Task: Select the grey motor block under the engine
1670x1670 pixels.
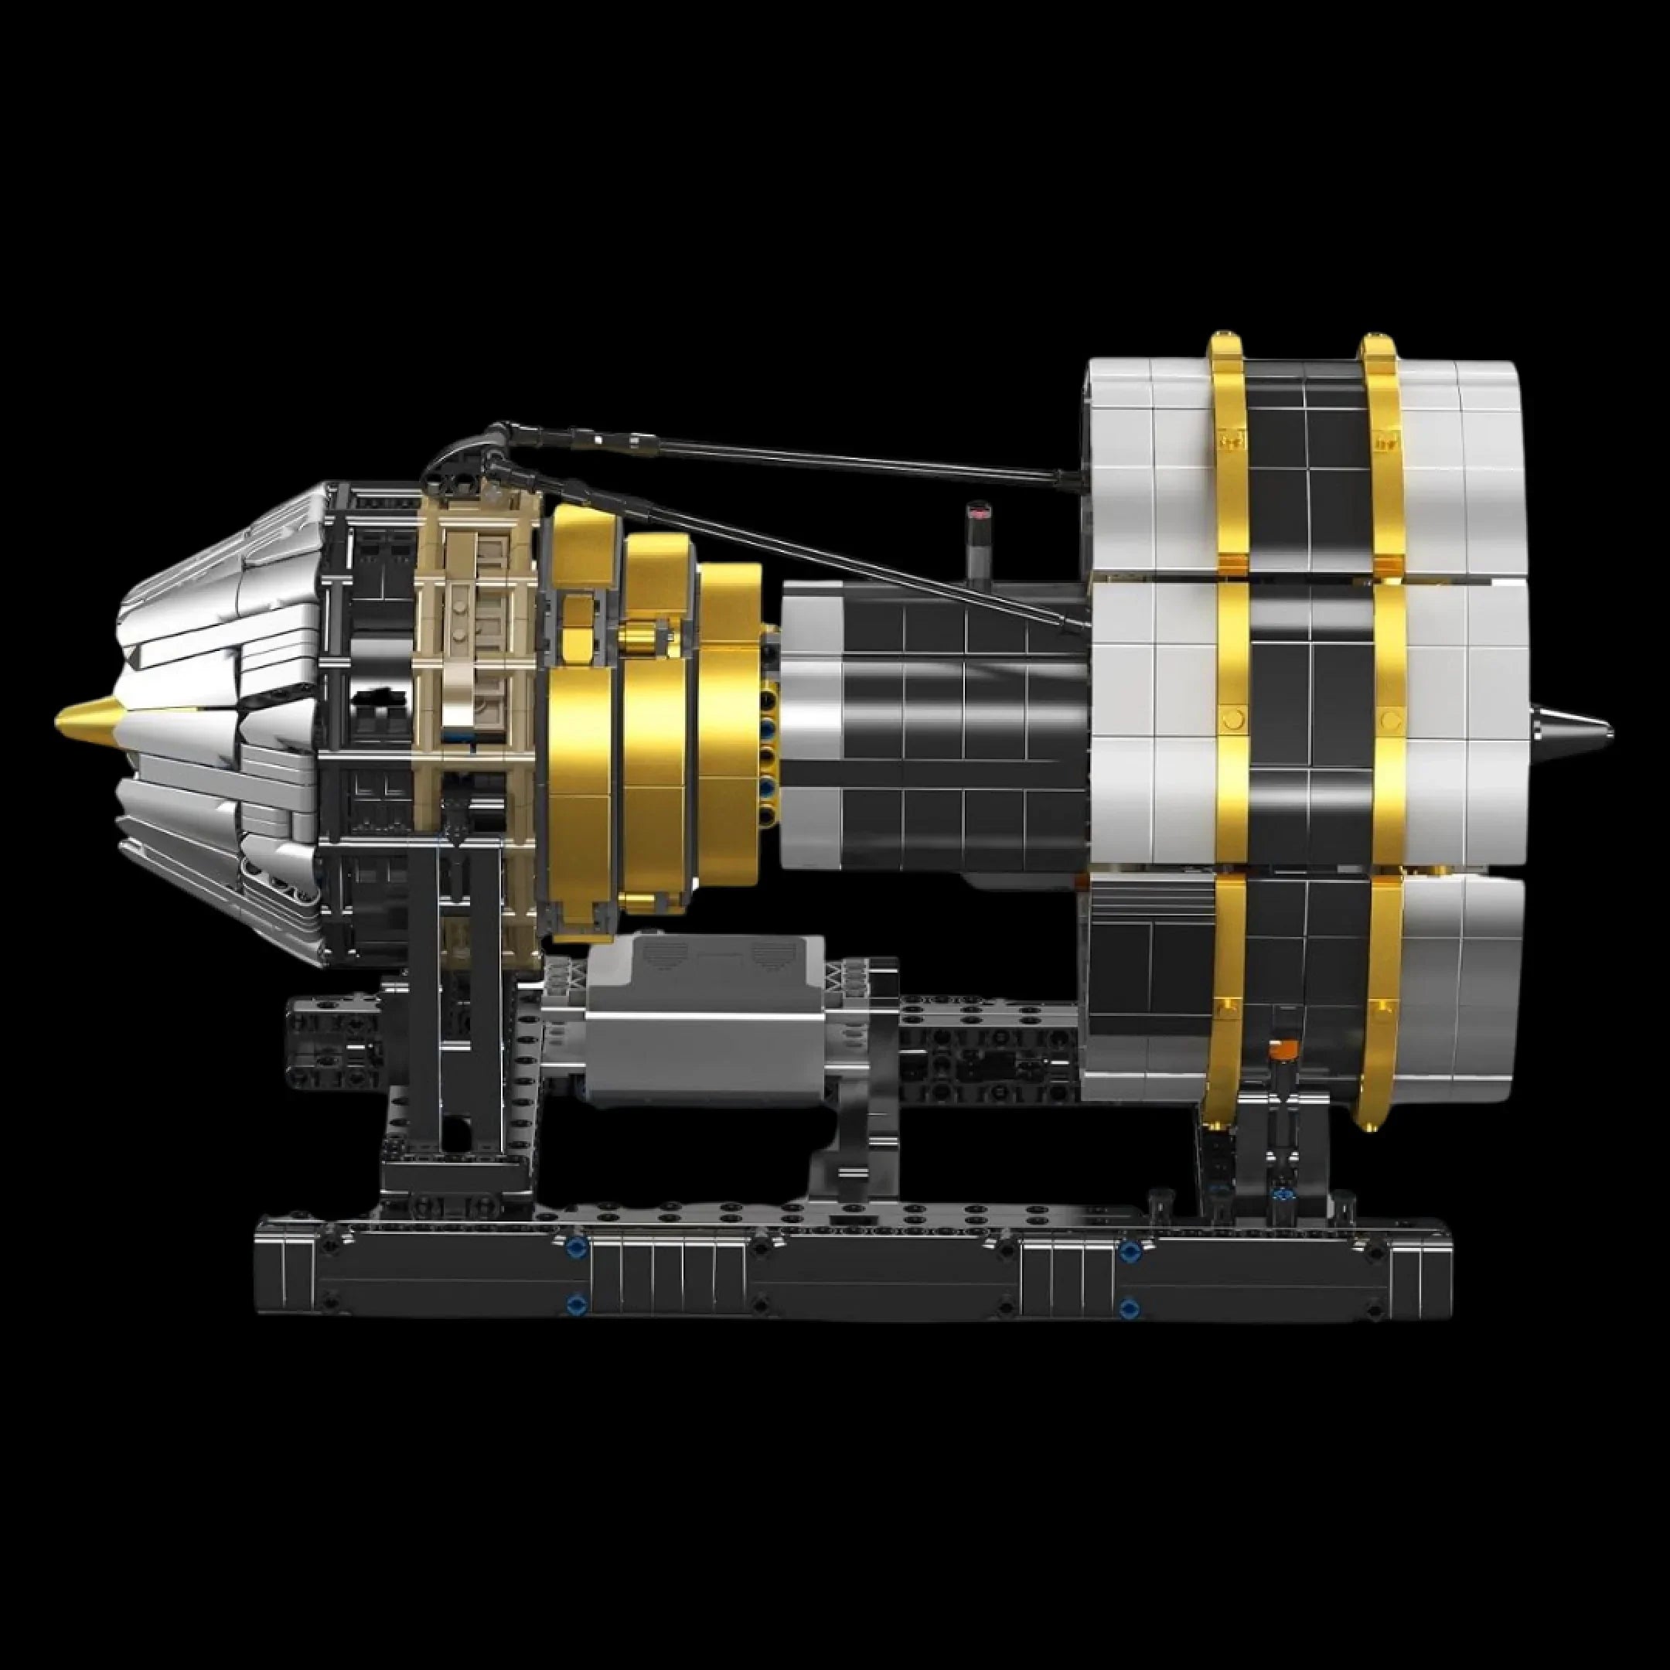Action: point(704,1028)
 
